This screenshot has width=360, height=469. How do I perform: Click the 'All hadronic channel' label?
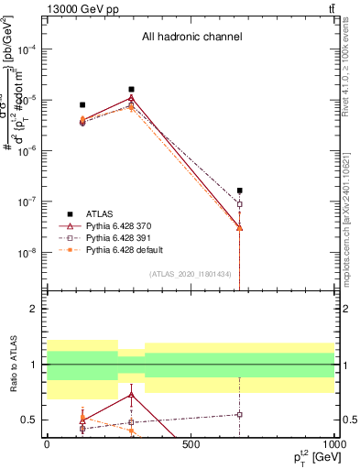191,38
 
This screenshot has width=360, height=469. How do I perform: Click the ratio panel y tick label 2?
35,310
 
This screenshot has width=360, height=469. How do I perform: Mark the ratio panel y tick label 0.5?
31,420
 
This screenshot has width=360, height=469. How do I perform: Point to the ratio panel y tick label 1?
35,365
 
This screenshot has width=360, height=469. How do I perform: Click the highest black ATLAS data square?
132,90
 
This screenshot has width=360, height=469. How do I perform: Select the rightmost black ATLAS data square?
239,191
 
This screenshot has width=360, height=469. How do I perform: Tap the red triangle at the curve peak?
132,98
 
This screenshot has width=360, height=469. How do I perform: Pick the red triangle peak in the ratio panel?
132,395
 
